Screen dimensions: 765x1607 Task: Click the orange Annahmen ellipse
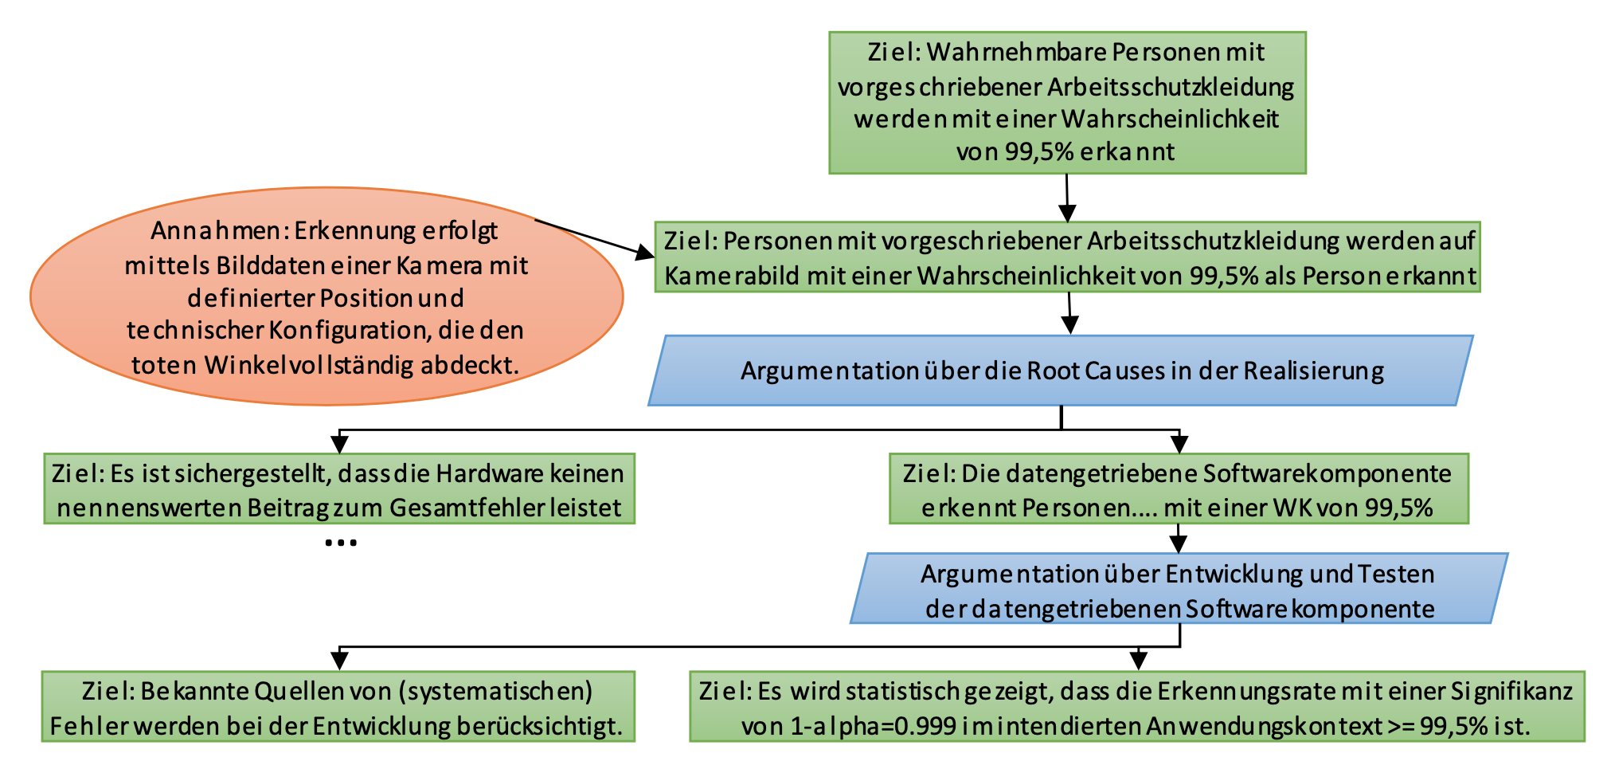(x=326, y=296)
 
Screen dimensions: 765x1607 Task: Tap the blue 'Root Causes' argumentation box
(x=1061, y=371)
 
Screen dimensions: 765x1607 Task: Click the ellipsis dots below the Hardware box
(x=341, y=543)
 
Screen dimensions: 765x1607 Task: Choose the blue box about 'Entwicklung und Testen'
(x=1179, y=590)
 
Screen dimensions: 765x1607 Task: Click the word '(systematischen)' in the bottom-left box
(x=495, y=691)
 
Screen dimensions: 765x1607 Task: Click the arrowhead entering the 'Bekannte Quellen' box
(x=340, y=661)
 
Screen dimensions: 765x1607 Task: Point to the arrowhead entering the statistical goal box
(x=1139, y=661)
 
